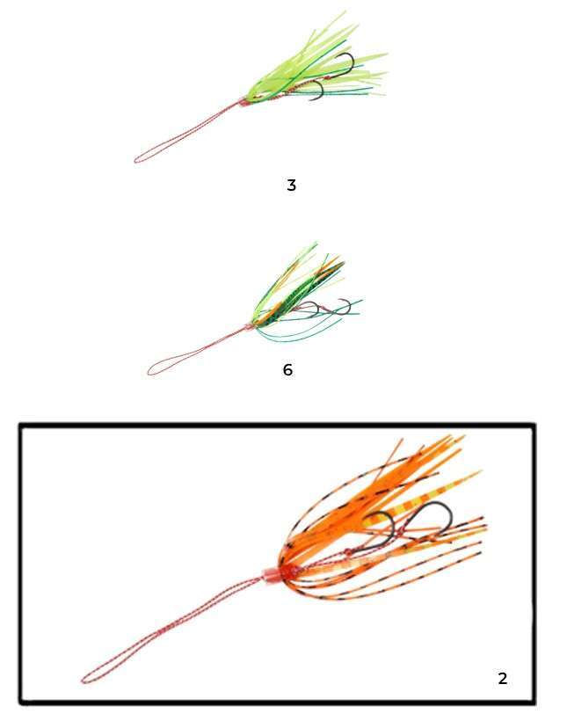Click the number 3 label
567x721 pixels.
tap(291, 186)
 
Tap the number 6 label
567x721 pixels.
tap(287, 369)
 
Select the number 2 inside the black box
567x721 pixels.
tap(503, 678)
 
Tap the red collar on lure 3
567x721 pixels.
tap(244, 101)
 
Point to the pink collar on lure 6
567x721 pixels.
tap(249, 327)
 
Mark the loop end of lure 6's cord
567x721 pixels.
tap(149, 371)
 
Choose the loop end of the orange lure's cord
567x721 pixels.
tap(84, 679)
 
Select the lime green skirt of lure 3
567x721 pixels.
tap(317, 64)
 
